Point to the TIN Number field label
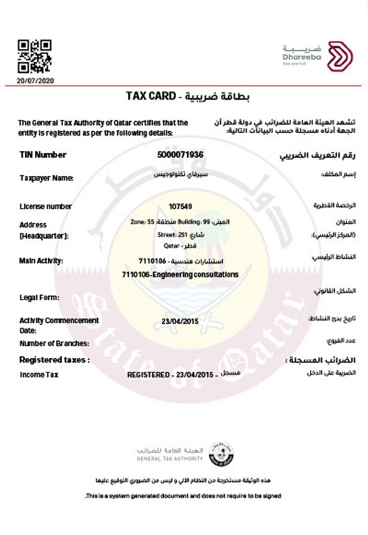pyautogui.click(x=43, y=154)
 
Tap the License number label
pyautogui.click(x=46, y=207)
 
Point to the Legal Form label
pyautogui.click(x=39, y=297)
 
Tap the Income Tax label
pyautogui.click(x=39, y=375)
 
